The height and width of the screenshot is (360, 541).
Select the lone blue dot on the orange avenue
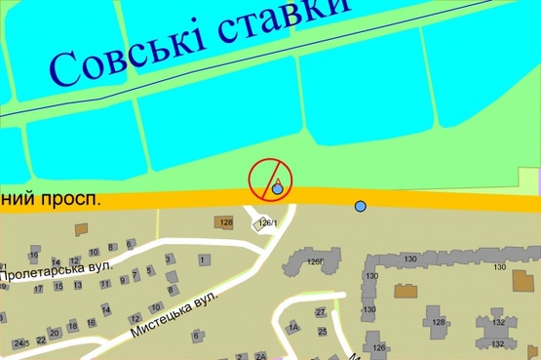click(361, 206)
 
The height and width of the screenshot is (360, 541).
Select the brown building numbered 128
click(226, 223)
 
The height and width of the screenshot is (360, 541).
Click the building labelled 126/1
click(264, 223)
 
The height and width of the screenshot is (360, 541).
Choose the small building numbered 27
click(320, 311)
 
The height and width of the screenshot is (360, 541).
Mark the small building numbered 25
click(323, 332)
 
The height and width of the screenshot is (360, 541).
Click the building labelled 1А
click(292, 328)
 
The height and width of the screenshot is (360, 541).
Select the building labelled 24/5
click(19, 342)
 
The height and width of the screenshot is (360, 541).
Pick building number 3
click(169, 259)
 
